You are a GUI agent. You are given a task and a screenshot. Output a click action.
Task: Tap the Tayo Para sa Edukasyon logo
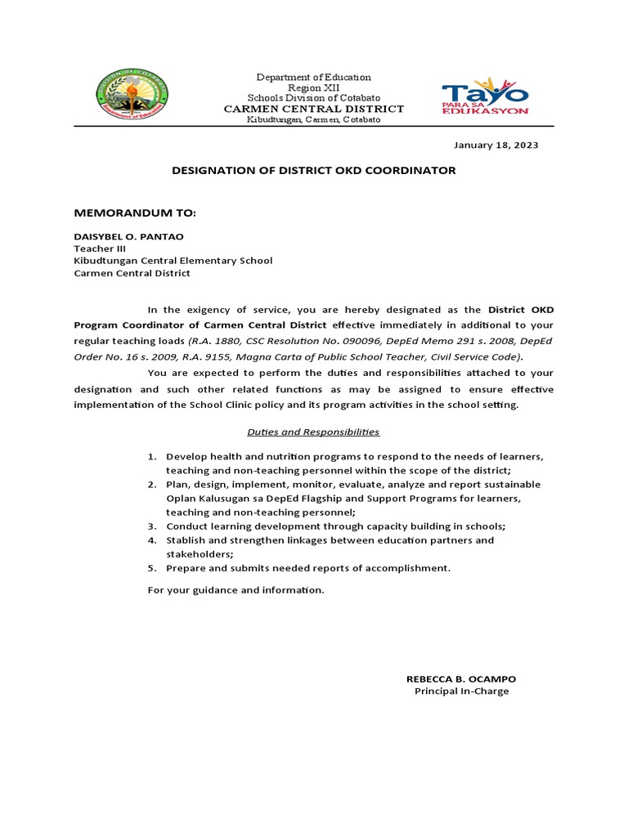(x=485, y=96)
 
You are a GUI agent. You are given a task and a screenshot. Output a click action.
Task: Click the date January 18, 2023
(x=496, y=145)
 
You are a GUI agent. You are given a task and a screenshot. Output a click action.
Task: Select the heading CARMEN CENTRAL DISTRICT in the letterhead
(x=314, y=109)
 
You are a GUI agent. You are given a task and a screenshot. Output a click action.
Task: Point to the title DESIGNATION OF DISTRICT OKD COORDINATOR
(x=313, y=171)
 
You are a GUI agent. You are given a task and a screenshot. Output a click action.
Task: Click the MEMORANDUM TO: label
(x=135, y=213)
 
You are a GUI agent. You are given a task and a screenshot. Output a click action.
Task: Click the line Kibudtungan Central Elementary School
(x=173, y=261)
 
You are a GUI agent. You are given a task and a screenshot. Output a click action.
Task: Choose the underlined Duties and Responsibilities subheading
(x=314, y=432)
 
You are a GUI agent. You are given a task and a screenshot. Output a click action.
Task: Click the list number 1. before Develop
(x=152, y=456)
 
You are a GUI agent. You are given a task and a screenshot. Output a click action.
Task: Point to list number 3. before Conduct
(x=152, y=526)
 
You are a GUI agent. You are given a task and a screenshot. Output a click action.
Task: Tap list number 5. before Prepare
(x=152, y=568)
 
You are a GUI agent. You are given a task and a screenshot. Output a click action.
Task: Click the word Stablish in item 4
(x=185, y=540)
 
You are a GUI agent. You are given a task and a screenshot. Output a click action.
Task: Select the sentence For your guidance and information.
(x=235, y=590)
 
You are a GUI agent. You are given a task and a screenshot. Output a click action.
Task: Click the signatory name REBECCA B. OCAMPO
(x=461, y=679)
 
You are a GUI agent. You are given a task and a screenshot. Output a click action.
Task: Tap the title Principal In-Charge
(x=461, y=692)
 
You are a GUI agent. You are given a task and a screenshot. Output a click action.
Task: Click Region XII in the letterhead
(x=313, y=87)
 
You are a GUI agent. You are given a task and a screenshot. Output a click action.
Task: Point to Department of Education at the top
(x=313, y=77)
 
